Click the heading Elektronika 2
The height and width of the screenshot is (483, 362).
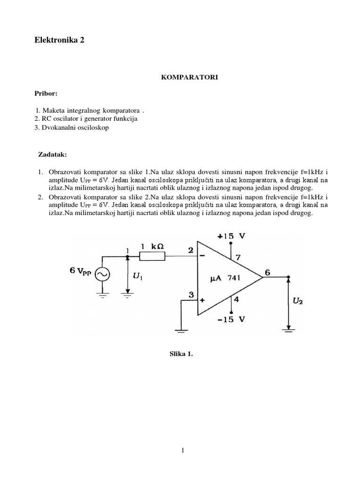tap(59, 41)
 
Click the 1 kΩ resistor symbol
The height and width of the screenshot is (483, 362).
tap(152, 256)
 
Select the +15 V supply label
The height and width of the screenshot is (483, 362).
tap(231, 236)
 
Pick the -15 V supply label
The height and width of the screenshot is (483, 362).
tap(231, 318)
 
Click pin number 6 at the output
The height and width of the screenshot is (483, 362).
tap(267, 272)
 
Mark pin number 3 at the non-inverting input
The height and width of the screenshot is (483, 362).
tap(191, 294)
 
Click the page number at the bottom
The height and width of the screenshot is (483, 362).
tap(181, 450)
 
